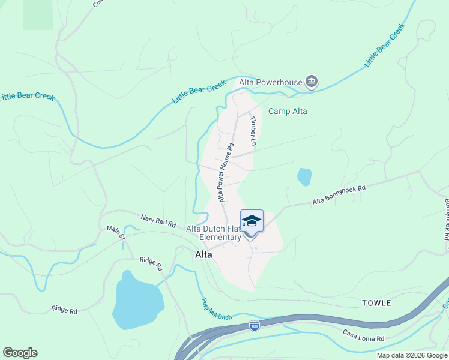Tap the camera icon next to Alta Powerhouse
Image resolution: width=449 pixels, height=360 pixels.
click(x=311, y=82)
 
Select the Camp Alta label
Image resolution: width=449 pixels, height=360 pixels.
click(x=288, y=111)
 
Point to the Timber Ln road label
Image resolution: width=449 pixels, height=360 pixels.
click(x=253, y=130)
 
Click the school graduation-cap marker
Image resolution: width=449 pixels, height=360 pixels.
click(x=252, y=221)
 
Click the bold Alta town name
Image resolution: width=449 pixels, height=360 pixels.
click(x=203, y=254)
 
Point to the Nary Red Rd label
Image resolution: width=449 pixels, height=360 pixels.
click(x=158, y=221)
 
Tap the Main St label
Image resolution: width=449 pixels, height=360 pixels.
click(x=116, y=232)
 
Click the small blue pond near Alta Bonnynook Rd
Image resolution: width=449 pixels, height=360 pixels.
click(x=304, y=177)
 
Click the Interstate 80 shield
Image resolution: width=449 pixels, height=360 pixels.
click(x=255, y=326)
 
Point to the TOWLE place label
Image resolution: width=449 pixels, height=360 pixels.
click(x=376, y=303)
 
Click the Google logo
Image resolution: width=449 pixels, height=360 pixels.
click(x=20, y=353)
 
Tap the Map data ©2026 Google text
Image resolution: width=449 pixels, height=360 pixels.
click(x=412, y=355)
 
